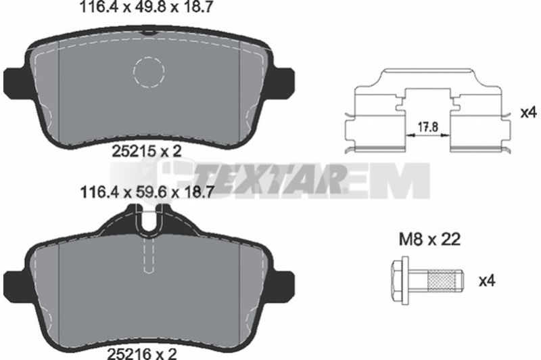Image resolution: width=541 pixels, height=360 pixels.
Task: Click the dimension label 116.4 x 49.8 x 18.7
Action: tap(145, 7)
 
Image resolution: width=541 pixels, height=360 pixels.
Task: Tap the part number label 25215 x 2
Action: tap(147, 152)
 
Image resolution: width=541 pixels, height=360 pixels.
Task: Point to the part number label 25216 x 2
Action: tap(142, 353)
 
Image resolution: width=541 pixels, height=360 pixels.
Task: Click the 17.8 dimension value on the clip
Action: tap(428, 127)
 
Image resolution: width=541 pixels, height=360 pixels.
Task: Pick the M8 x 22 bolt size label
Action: tap(429, 239)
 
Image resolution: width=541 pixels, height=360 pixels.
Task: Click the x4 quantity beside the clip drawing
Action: tap(528, 112)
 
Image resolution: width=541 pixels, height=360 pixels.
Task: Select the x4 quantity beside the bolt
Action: tap(487, 281)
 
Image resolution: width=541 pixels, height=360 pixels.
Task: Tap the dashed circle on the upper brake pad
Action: tap(149, 72)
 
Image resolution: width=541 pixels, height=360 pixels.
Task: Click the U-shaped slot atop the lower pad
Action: tap(149, 220)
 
